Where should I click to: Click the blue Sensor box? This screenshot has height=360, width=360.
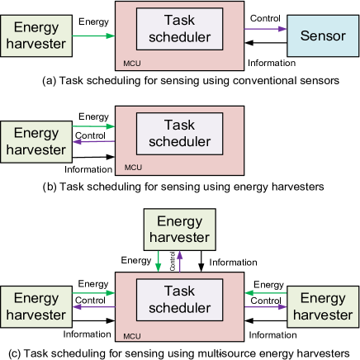coord(323,36)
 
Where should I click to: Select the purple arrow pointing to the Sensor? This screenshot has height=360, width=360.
coord(265,30)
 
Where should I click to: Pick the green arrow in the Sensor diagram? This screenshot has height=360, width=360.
coord(92,36)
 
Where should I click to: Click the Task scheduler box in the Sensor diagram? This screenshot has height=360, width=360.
coord(179,29)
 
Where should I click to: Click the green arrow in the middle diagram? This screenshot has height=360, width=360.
coord(92,126)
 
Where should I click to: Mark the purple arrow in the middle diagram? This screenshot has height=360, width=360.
coord(92,141)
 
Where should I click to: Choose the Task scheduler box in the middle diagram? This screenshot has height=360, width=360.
coord(179,133)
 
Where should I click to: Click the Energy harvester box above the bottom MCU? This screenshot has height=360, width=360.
coord(179,230)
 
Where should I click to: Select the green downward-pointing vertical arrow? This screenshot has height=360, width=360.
coord(159,262)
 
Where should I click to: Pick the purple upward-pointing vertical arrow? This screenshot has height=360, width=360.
coord(180,262)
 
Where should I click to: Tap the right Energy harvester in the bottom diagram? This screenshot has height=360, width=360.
coord(323,306)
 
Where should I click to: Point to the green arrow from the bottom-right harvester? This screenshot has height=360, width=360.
coord(265,292)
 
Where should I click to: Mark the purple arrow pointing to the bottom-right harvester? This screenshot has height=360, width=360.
coord(265,306)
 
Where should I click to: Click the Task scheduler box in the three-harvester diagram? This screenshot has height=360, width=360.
coord(179,299)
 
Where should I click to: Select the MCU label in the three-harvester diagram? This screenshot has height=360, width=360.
coord(131,336)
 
